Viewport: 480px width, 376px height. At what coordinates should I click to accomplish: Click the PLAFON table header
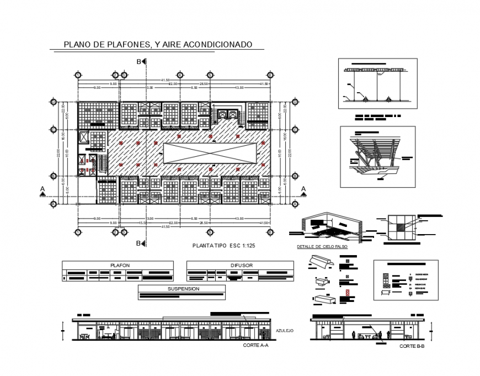(120, 265)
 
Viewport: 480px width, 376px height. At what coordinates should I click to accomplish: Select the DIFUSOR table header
(241, 265)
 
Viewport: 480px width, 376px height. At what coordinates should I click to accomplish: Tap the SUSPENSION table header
(183, 289)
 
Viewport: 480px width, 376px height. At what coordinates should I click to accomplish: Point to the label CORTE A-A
(255, 345)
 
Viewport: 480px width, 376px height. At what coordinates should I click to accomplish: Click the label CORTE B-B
(412, 346)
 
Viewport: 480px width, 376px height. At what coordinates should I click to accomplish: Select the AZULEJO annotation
(285, 331)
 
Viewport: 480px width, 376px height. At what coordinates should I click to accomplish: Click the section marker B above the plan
(139, 62)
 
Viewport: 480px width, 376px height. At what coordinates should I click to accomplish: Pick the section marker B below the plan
(139, 243)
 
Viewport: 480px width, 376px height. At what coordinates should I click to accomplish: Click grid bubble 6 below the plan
(270, 232)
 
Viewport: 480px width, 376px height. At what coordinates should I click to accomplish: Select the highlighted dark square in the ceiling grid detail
(401, 225)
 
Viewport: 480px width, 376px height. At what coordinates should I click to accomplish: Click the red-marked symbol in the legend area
(346, 292)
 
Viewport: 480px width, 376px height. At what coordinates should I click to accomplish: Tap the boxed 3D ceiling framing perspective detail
(377, 157)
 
